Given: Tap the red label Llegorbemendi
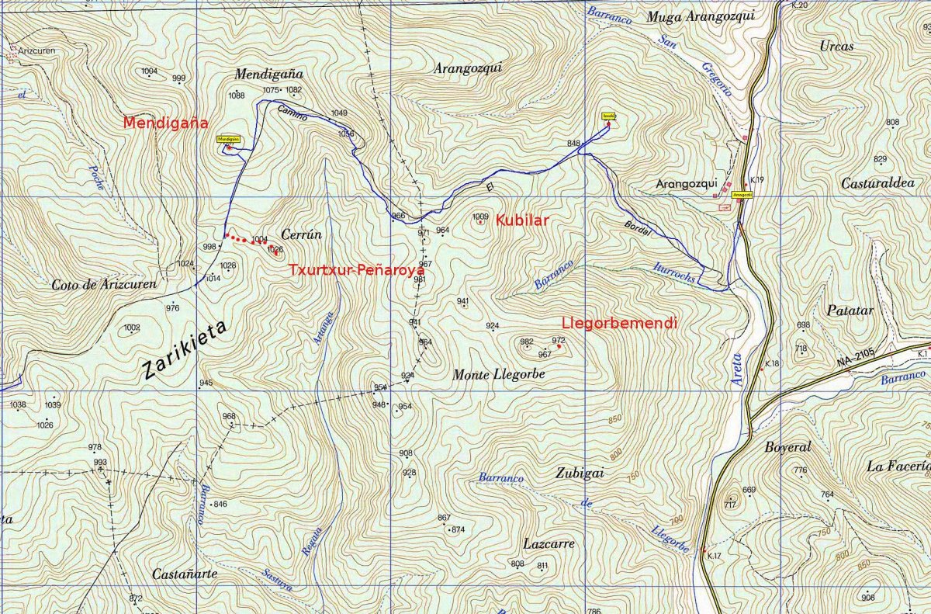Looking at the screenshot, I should coord(620,321).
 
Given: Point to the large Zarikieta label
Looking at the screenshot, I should coord(185,351).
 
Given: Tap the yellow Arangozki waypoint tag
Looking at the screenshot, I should coord(742,195).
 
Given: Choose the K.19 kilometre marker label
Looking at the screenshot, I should coord(758,180).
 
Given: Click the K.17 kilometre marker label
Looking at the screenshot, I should coord(715,556).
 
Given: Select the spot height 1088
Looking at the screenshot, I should coord(237,95).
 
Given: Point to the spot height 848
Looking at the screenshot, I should coord(573,144).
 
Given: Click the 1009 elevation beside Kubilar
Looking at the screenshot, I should coord(480,217).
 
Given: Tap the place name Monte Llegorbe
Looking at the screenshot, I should coord(499,374).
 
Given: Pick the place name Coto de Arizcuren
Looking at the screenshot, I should coord(104,284).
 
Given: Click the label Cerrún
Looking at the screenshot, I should coord(301,234).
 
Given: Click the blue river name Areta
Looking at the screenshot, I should coord(735,367).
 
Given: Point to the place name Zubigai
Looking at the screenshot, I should coord(580,473).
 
